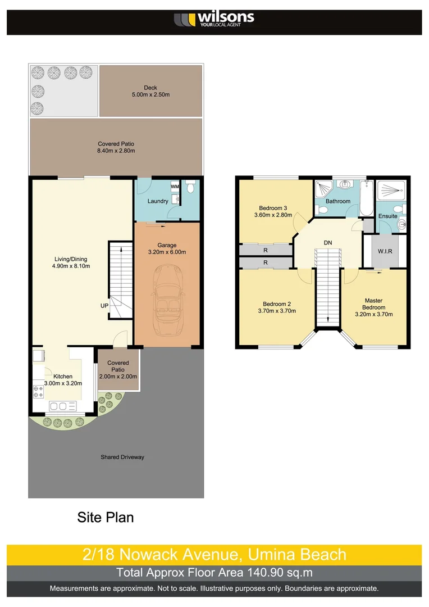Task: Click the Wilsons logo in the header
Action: pyautogui.click(x=214, y=20)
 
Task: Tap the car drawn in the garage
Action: pyautogui.click(x=167, y=295)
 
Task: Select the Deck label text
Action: pyautogui.click(x=150, y=88)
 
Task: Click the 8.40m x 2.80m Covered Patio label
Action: pyautogui.click(x=116, y=151)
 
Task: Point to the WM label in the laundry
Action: pyautogui.click(x=175, y=186)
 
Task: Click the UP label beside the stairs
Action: pyautogui.click(x=104, y=306)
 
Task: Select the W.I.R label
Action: pyautogui.click(x=385, y=251)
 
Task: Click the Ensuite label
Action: pyautogui.click(x=387, y=216)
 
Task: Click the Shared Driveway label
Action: pyautogui.click(x=122, y=457)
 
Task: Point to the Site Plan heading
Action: pyautogui.click(x=106, y=517)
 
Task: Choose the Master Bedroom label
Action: pyautogui.click(x=373, y=304)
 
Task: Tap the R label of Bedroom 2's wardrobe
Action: pyautogui.click(x=265, y=262)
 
